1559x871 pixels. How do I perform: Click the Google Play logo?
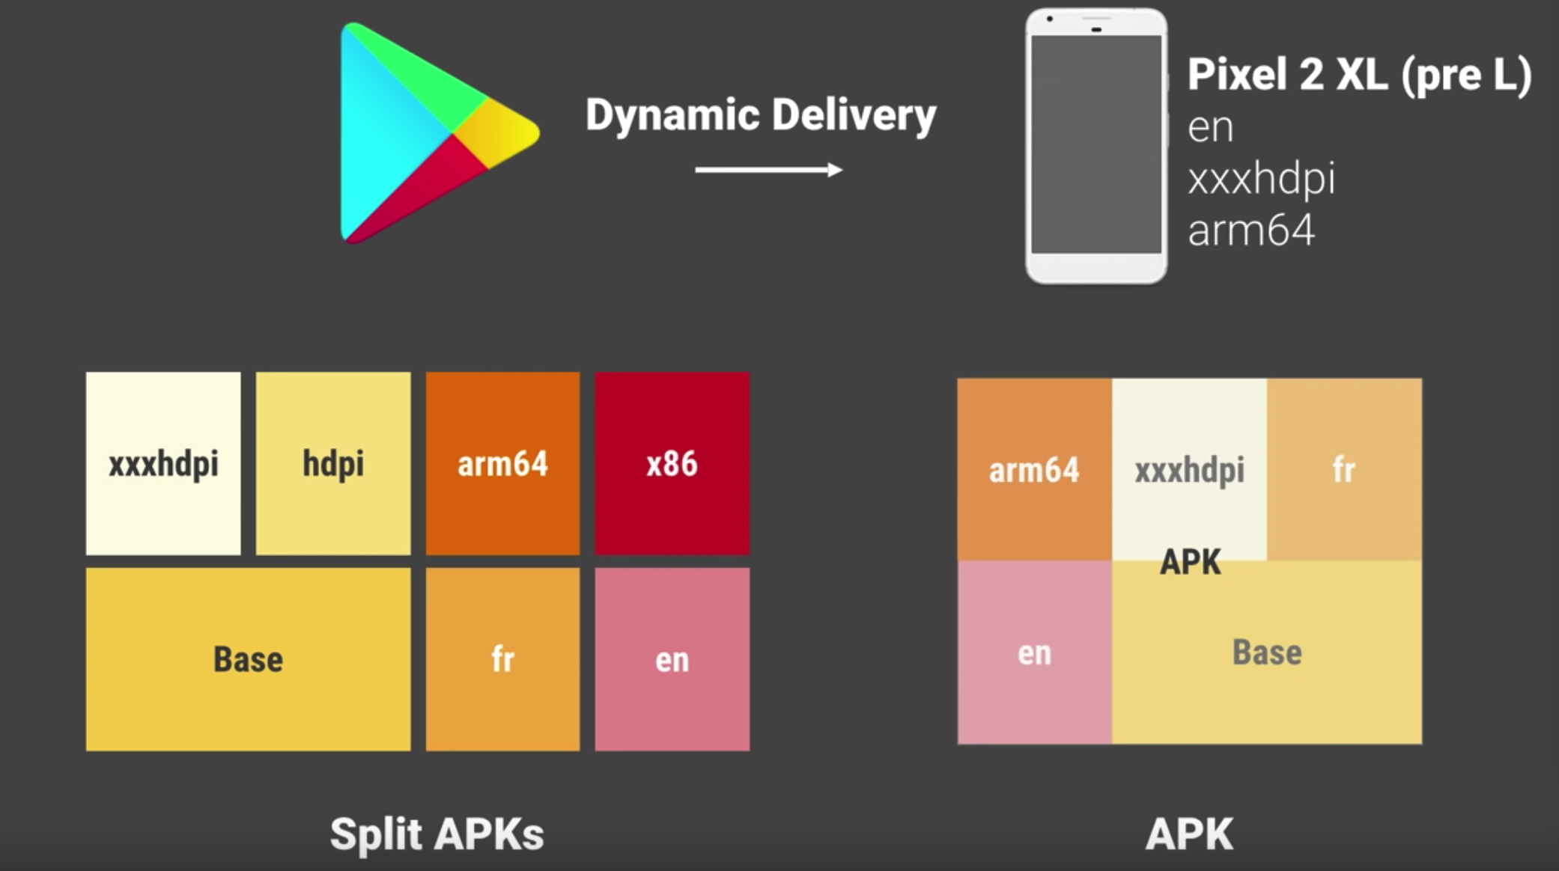click(x=427, y=133)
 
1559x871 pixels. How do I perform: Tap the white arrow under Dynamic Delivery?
click(x=768, y=170)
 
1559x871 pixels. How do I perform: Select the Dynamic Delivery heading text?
click(x=761, y=115)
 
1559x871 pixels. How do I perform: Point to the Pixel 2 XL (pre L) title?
click(x=1359, y=75)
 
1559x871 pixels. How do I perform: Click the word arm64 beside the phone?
click(x=1251, y=230)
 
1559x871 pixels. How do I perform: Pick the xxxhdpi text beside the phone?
click(x=1261, y=179)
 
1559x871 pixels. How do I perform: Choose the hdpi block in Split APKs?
click(x=333, y=463)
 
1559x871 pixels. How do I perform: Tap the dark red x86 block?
click(x=672, y=463)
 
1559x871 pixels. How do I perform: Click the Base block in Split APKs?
click(x=248, y=659)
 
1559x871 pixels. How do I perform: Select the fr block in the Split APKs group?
click(x=502, y=659)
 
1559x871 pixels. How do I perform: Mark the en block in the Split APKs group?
click(x=672, y=659)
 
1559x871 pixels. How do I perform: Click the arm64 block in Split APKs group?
click(x=502, y=463)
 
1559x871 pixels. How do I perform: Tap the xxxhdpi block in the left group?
click(x=163, y=463)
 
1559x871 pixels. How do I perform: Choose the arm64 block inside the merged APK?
click(x=1034, y=469)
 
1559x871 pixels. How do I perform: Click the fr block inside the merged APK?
click(x=1344, y=469)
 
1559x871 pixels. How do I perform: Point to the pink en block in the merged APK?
click(x=1034, y=653)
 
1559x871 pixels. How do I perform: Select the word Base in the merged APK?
click(x=1267, y=653)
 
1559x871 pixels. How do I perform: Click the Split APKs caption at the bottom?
click(x=437, y=834)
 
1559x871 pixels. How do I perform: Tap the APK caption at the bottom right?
click(x=1189, y=834)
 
